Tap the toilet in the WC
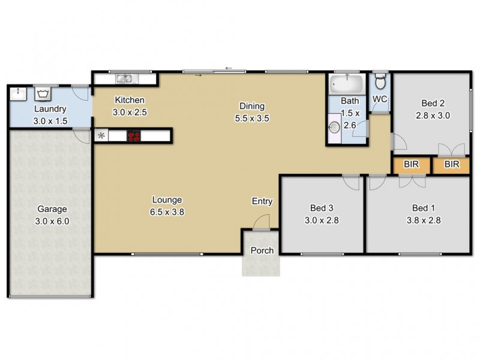tap(379, 81)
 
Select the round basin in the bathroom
tap(334, 127)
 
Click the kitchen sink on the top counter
tap(125, 77)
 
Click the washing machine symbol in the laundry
tap(43, 94)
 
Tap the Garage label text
tap(52, 209)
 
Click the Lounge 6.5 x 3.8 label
tap(166, 205)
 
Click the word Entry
tap(262, 202)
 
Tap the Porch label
tap(262, 250)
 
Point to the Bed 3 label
tap(322, 208)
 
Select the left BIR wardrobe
tap(412, 165)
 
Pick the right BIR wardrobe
tap(451, 165)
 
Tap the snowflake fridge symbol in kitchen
tap(101, 136)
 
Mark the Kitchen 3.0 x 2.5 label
tap(130, 106)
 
